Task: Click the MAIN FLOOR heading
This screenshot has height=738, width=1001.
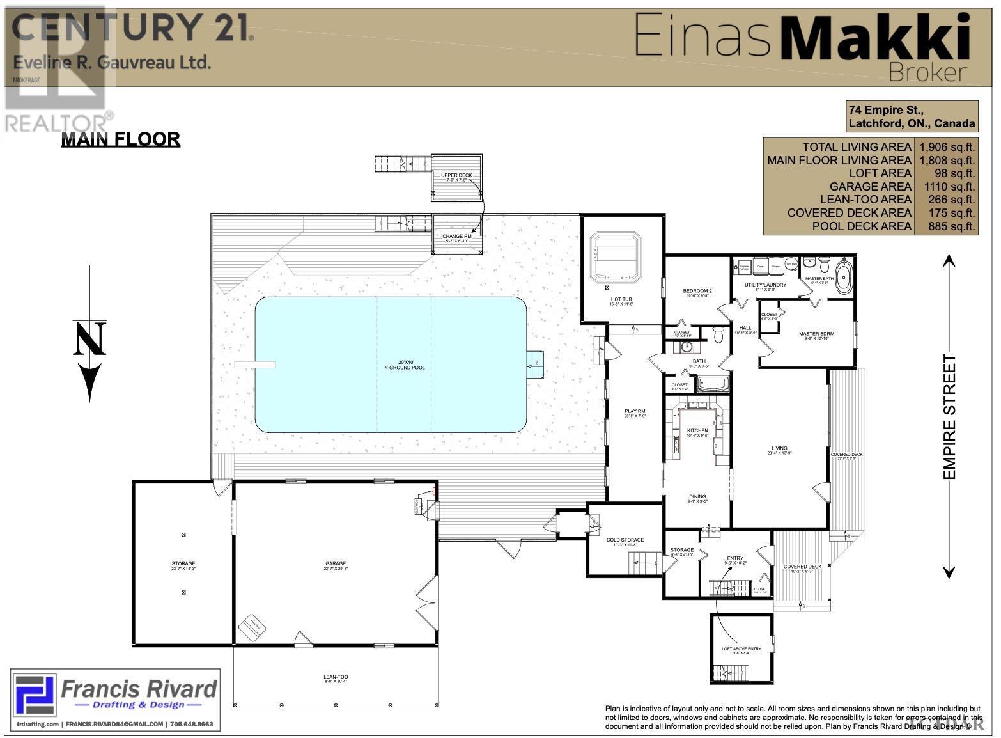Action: [x=120, y=139]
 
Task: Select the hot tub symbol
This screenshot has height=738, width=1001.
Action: [x=615, y=257]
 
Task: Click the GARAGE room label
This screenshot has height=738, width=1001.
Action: [x=335, y=563]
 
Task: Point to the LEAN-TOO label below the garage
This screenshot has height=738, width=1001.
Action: [x=336, y=677]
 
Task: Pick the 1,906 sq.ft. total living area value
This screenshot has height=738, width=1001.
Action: [x=946, y=147]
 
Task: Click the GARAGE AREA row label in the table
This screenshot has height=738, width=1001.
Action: [x=870, y=187]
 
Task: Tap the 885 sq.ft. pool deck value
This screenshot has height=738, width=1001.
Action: [x=946, y=226]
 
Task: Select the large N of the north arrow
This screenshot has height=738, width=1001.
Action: [x=89, y=339]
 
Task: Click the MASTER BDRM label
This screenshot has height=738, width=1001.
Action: [x=816, y=334]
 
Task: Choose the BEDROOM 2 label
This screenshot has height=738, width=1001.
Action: [x=697, y=291]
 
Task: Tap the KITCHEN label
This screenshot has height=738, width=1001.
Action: [x=697, y=431]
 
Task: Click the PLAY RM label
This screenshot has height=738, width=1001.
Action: [x=635, y=411]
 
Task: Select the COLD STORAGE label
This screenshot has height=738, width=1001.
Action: [x=625, y=540]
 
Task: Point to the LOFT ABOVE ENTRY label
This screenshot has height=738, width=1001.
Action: [x=741, y=649]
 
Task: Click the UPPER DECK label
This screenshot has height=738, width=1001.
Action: [x=456, y=175]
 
